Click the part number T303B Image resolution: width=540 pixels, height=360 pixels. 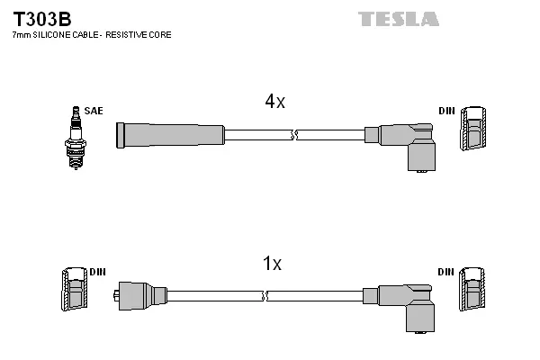pyautogui.click(x=41, y=18)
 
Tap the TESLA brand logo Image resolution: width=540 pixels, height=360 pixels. pyautogui.click(x=398, y=18)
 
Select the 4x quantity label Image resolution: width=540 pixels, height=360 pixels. pyautogui.click(x=274, y=103)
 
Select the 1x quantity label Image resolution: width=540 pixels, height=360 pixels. pyautogui.click(x=272, y=264)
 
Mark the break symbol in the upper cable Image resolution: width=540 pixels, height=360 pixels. pyautogui.click(x=293, y=135)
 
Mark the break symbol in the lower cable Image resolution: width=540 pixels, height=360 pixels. pyautogui.click(x=265, y=295)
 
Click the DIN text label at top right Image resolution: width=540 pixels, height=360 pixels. pyautogui.click(x=446, y=111)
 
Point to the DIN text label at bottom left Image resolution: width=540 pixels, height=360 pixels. pyautogui.click(x=98, y=271)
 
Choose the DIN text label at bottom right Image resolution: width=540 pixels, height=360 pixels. pyautogui.click(x=446, y=271)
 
